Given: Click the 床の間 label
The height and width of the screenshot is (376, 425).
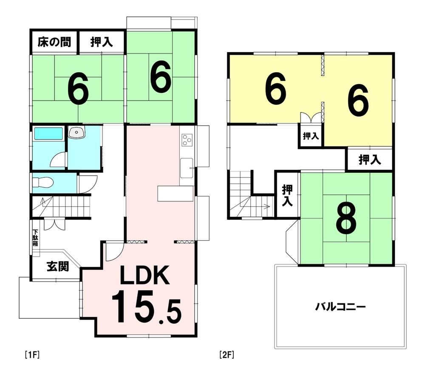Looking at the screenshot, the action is coord(54,42).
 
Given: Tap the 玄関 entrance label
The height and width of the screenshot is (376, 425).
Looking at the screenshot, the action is coord(58,267).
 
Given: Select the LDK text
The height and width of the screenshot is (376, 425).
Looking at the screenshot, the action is coord(145,275).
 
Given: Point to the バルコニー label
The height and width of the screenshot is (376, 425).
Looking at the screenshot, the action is coord(341,307).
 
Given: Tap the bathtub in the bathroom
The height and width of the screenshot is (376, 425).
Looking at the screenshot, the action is coord(48,133).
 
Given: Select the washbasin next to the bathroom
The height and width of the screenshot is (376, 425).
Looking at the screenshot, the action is coord(76,132).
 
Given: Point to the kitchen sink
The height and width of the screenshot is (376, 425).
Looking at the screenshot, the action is coord(187,168).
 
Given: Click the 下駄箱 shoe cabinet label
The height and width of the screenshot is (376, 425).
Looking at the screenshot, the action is coord(35,238).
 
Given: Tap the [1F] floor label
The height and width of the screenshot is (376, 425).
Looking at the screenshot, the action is coord(32,355).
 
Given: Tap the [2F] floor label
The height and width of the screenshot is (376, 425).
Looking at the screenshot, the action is coord(227,355).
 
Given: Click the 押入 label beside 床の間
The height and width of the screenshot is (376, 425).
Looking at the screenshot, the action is coord(102,42).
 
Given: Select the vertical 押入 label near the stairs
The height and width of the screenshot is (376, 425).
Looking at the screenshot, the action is coord(287,195).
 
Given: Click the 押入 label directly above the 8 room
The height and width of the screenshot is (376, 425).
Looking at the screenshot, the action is coord(370,160).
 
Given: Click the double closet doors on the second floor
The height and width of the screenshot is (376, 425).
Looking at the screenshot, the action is coord(311,118).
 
